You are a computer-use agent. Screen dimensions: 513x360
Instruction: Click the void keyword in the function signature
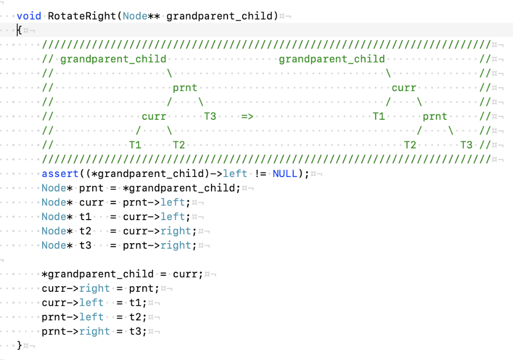pyautogui.click(x=29, y=16)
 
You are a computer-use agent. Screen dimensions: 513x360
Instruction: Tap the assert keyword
pyautogui.click(x=60, y=173)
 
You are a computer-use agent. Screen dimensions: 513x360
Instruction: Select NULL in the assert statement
pyautogui.click(x=285, y=173)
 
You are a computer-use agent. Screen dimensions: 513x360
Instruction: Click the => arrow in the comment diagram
pyautogui.click(x=247, y=116)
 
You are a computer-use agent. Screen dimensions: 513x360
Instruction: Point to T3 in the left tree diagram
pyautogui.click(x=210, y=116)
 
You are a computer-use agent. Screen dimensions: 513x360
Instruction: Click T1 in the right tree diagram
pyautogui.click(x=379, y=116)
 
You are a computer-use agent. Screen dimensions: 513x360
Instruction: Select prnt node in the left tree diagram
pyautogui.click(x=185, y=88)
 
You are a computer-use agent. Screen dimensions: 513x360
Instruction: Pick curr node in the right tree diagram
pyautogui.click(x=404, y=88)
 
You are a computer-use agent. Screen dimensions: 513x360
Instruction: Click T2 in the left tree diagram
pyautogui.click(x=179, y=145)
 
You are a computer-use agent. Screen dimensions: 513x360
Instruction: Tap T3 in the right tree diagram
pyautogui.click(x=466, y=145)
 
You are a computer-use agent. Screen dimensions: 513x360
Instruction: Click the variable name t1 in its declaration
pyautogui.click(x=85, y=217)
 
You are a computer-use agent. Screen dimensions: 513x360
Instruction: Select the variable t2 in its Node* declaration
pyautogui.click(x=85, y=231)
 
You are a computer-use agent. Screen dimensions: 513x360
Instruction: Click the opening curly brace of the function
pyautogui.click(x=20, y=30)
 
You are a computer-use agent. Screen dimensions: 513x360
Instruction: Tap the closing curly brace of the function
pyautogui.click(x=20, y=345)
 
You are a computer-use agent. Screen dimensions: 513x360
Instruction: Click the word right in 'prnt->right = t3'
pyautogui.click(x=94, y=331)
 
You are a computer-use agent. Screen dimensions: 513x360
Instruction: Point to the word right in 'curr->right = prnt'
pyautogui.click(x=94, y=288)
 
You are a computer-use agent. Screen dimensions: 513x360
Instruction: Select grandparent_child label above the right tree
pyautogui.click(x=332, y=59)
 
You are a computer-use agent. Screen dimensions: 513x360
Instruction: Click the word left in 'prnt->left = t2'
pyautogui.click(x=91, y=317)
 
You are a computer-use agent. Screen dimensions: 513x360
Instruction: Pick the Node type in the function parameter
pyautogui.click(x=135, y=16)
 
